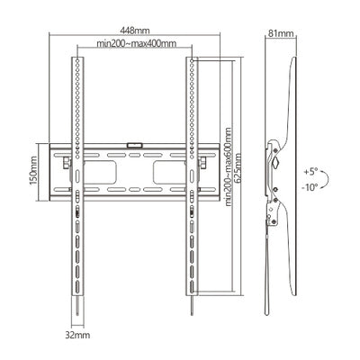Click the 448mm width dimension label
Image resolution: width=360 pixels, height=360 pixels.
pyautogui.click(x=135, y=31)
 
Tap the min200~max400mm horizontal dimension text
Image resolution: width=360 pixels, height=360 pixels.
pyautogui.click(x=136, y=43)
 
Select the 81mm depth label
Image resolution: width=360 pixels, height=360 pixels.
pyautogui.click(x=281, y=33)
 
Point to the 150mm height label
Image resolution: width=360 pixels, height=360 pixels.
pyautogui.click(x=33, y=170)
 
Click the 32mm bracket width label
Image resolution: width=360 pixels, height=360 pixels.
pyautogui.click(x=77, y=335)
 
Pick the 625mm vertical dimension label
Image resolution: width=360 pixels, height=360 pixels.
pyautogui.click(x=238, y=167)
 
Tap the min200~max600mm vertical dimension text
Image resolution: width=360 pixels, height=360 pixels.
pyautogui.click(x=228, y=166)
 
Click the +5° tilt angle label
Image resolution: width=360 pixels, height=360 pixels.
pyautogui.click(x=310, y=172)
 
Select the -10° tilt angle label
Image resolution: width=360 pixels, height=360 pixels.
pyautogui.click(x=310, y=188)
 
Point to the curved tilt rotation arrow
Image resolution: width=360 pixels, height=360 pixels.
pyautogui.click(x=328, y=179)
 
